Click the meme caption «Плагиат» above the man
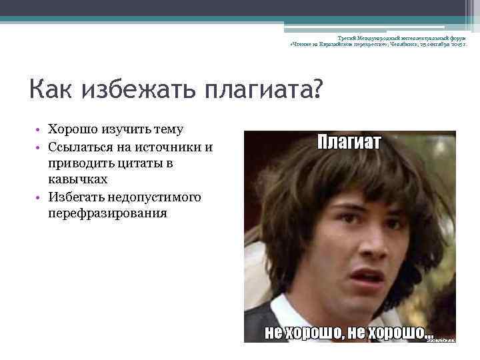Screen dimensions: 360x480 tap(349, 142)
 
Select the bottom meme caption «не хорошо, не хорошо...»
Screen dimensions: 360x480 tap(349, 331)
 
